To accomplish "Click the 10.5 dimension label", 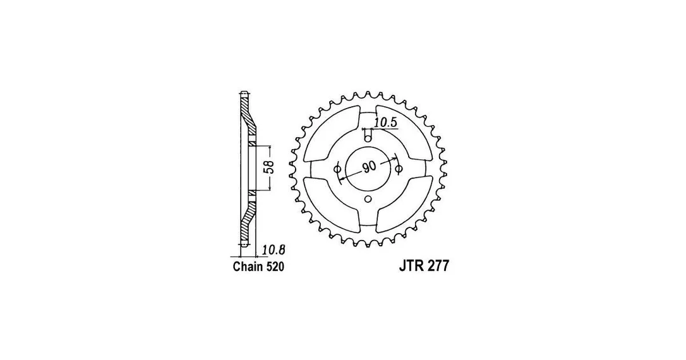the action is coord(385,123).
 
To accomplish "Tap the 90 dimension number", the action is coord(369,167).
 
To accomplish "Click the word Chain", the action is coord(248,267).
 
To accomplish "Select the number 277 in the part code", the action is coord(438,267).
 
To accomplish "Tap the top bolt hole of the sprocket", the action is coord(368,139).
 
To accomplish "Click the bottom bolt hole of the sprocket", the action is coord(368,200).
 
